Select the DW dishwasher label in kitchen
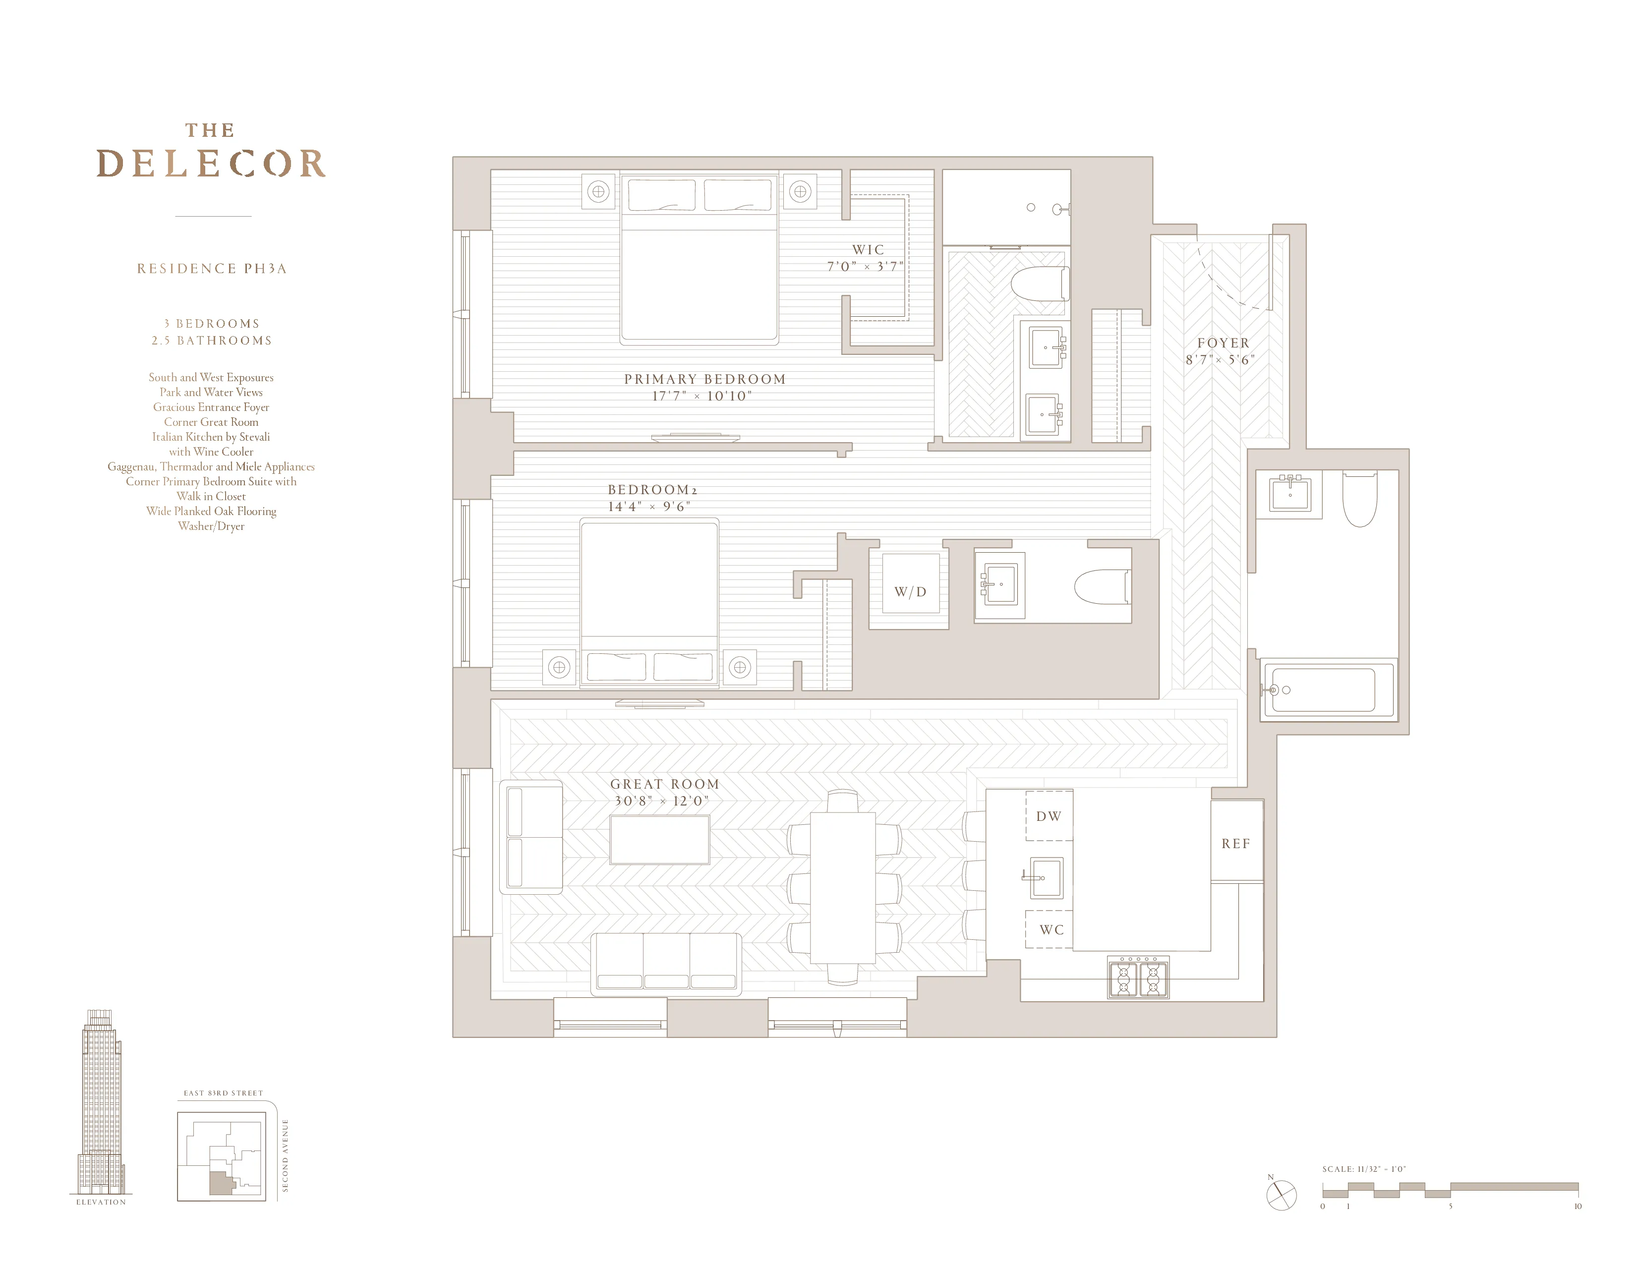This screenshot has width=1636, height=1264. tap(1048, 816)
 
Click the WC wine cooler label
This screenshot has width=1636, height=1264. tap(1051, 930)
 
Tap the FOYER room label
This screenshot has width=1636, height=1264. tap(1223, 343)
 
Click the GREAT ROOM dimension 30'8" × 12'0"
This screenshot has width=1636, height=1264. tap(661, 801)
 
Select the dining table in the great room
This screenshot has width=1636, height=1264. tap(843, 887)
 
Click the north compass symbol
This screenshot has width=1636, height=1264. tap(1281, 1195)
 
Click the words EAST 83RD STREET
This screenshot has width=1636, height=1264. tap(223, 1093)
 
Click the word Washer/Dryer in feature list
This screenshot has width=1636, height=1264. tap(211, 526)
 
